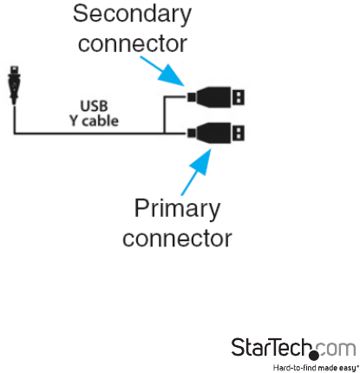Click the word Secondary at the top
pos(132,14)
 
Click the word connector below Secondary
pos(133,43)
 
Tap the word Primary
pos(177,209)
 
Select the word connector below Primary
pos(177,239)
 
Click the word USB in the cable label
pos(94,106)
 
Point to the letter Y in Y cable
pos(74,121)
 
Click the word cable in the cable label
pos(100,121)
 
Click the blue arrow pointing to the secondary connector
pos(163,71)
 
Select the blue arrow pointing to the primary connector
pos(196,172)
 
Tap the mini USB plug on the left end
pos(14,85)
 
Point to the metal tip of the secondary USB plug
pos(239,97)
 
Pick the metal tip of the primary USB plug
pos(239,133)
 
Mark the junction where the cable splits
pos(164,134)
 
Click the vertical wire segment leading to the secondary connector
pos(164,115)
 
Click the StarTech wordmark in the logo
pos(272,347)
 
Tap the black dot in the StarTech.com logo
pos(313,355)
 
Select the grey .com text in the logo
pos(336,349)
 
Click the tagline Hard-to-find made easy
pos(316,368)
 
